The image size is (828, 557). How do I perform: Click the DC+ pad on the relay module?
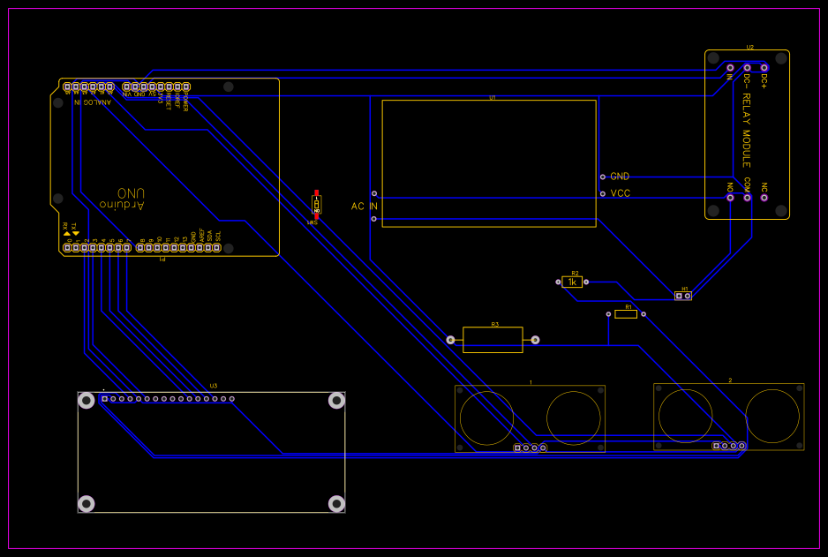[764, 67]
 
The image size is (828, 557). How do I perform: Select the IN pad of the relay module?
[730, 67]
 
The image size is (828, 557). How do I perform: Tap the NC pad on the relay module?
[764, 197]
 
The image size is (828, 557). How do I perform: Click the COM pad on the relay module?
[747, 197]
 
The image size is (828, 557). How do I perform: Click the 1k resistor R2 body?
[574, 282]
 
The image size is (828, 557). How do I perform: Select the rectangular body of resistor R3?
[493, 340]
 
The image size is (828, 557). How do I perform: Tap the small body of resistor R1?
[626, 313]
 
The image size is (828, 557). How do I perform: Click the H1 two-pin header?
[682, 296]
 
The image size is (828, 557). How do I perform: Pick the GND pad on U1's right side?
[603, 177]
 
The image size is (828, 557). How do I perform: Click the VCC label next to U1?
[620, 193]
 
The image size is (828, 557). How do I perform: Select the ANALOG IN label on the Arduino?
[92, 102]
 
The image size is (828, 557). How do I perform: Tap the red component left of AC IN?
[316, 205]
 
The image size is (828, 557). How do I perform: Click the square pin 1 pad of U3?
[104, 399]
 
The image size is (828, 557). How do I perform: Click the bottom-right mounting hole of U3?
[336, 503]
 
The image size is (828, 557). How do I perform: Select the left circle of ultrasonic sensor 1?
[486, 418]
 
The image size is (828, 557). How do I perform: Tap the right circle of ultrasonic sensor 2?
[772, 416]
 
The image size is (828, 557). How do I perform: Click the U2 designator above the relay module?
[749, 47]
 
